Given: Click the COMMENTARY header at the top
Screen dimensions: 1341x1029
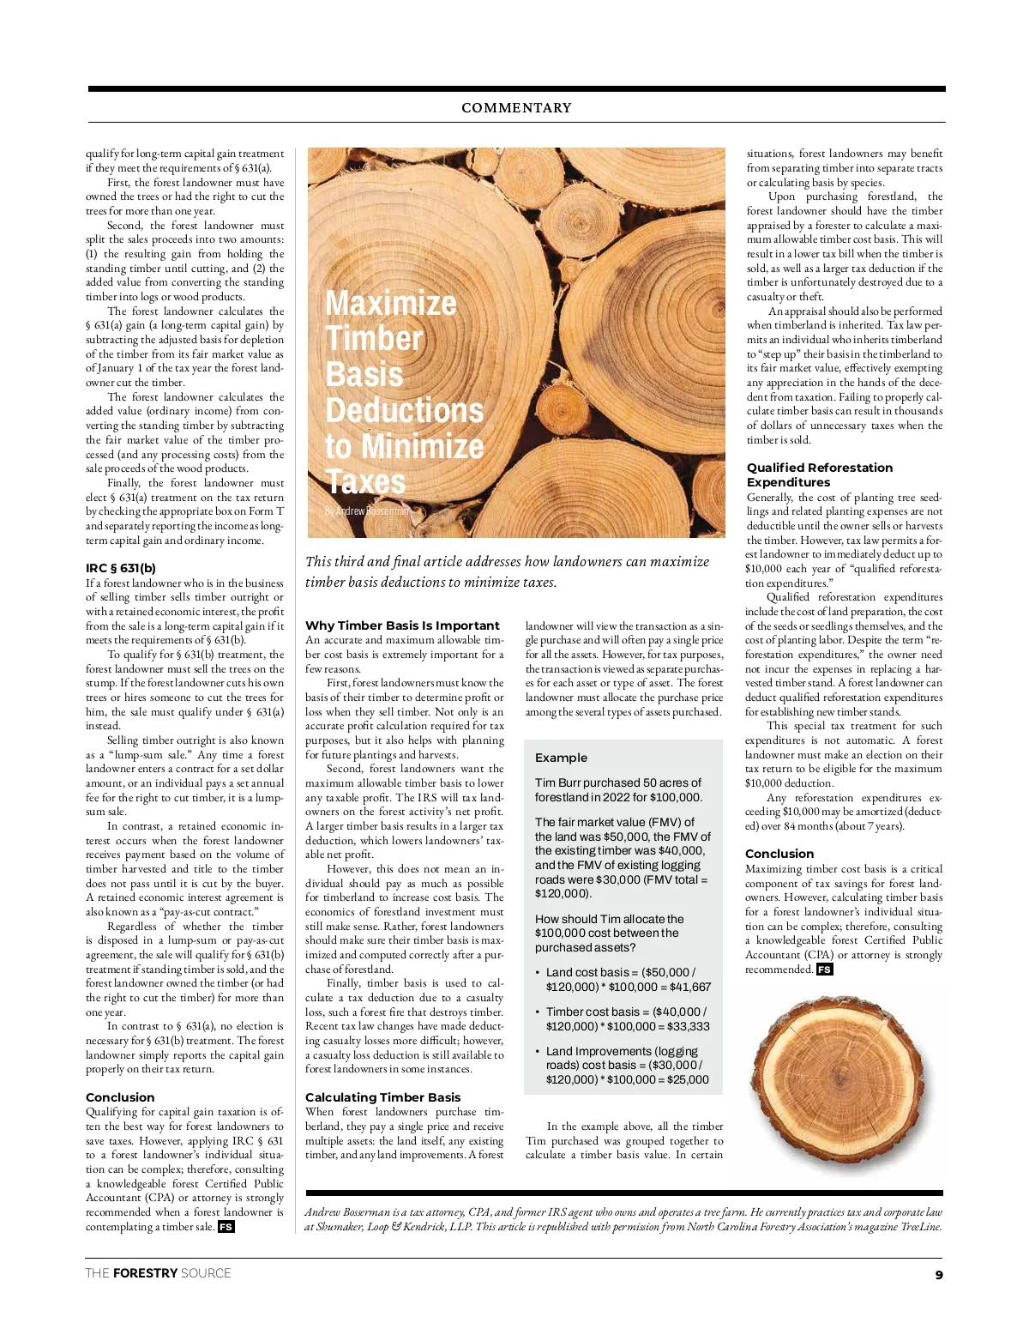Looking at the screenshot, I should [516, 108].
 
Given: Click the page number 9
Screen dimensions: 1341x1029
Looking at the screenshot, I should [939, 1275].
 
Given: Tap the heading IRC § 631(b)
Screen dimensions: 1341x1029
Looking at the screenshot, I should [121, 568].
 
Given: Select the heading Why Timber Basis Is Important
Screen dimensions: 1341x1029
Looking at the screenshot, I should [402, 625].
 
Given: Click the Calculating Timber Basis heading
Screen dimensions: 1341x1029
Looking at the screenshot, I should [382, 1097].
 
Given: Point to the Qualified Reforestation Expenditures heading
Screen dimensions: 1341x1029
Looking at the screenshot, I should [819, 474].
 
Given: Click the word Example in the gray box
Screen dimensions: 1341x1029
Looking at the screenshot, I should [561, 758].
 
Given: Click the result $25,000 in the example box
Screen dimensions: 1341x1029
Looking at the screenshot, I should [685, 1079].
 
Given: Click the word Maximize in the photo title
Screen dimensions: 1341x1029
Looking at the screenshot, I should [390, 304].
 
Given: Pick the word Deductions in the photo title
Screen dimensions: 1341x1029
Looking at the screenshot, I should [404, 410].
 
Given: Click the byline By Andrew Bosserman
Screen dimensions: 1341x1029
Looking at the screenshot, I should [367, 510].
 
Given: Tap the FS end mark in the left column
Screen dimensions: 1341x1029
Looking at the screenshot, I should [226, 1227].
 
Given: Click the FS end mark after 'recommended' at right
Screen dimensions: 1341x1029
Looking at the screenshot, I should [824, 970].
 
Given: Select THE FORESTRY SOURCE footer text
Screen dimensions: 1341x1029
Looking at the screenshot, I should [158, 1273].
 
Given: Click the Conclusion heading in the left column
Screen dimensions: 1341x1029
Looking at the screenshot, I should [120, 1097].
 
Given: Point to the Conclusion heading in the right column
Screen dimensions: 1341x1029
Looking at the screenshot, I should [779, 854].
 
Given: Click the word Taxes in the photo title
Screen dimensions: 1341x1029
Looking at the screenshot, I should [366, 481].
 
